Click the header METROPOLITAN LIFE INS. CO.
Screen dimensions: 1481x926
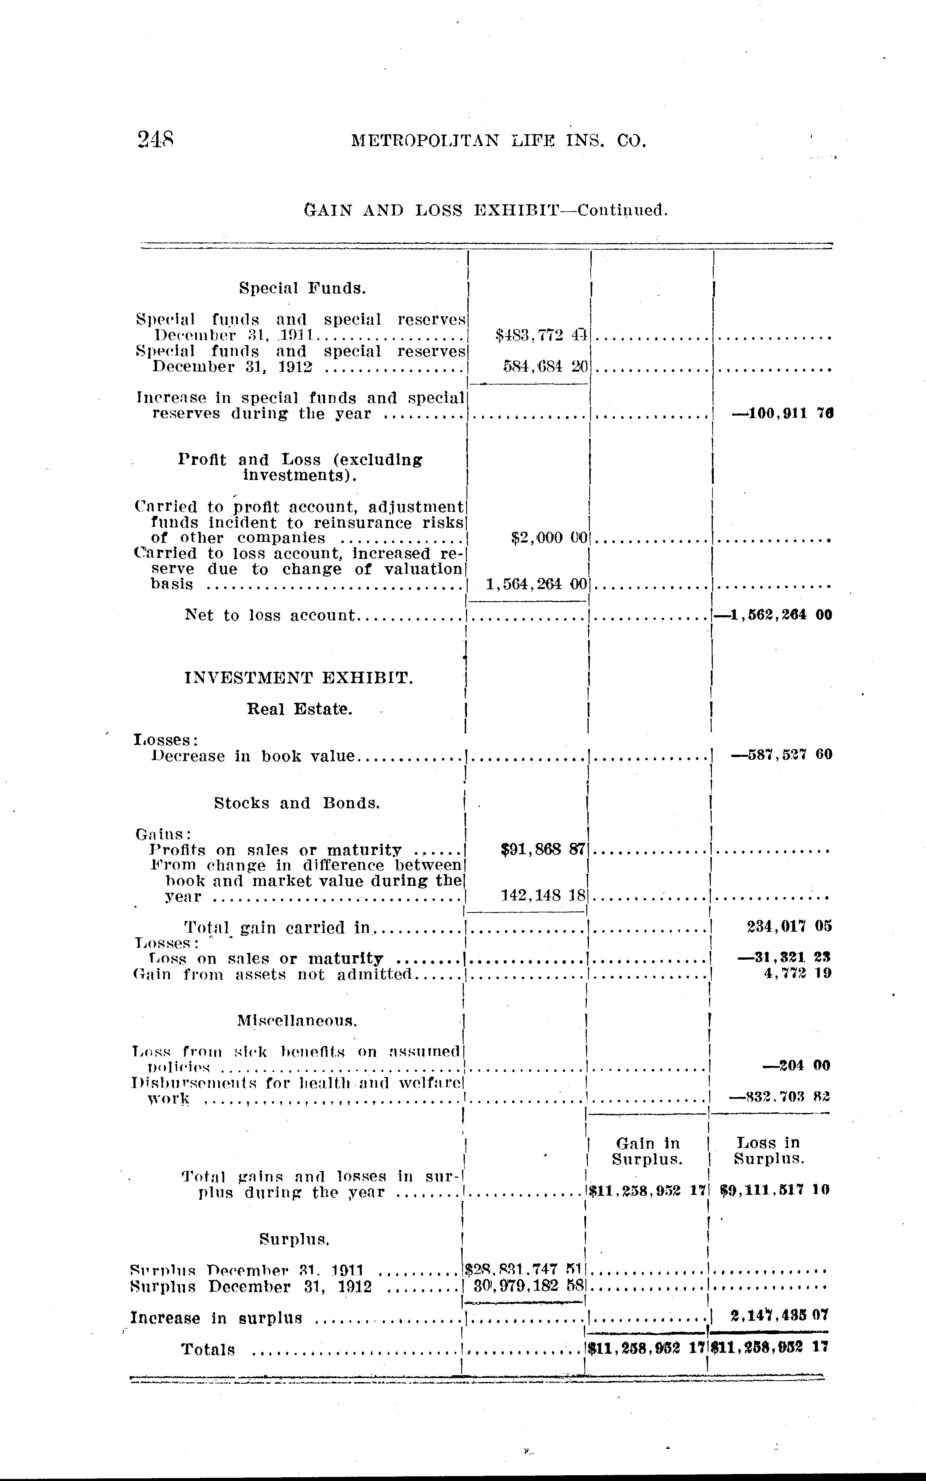coord(499,141)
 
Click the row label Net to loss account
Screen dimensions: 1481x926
coord(270,615)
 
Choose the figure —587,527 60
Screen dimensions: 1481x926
coord(781,754)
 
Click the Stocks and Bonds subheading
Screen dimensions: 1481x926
coord(297,803)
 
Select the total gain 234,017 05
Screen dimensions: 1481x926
coord(789,927)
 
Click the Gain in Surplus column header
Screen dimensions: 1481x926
coord(647,1151)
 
